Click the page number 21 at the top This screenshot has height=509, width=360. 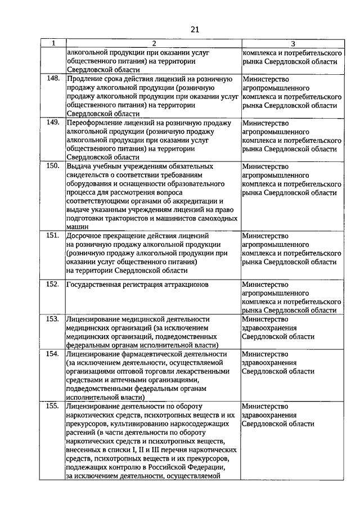coord(195,29)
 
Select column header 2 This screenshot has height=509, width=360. coord(152,43)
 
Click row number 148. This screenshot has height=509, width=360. coord(53,79)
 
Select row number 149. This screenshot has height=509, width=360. coord(53,122)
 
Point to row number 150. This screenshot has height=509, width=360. coord(53,166)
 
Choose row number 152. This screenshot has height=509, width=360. coord(53,284)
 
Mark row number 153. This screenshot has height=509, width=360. coord(53,318)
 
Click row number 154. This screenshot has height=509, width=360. coord(53,354)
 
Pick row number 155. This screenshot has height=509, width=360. coord(53,405)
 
